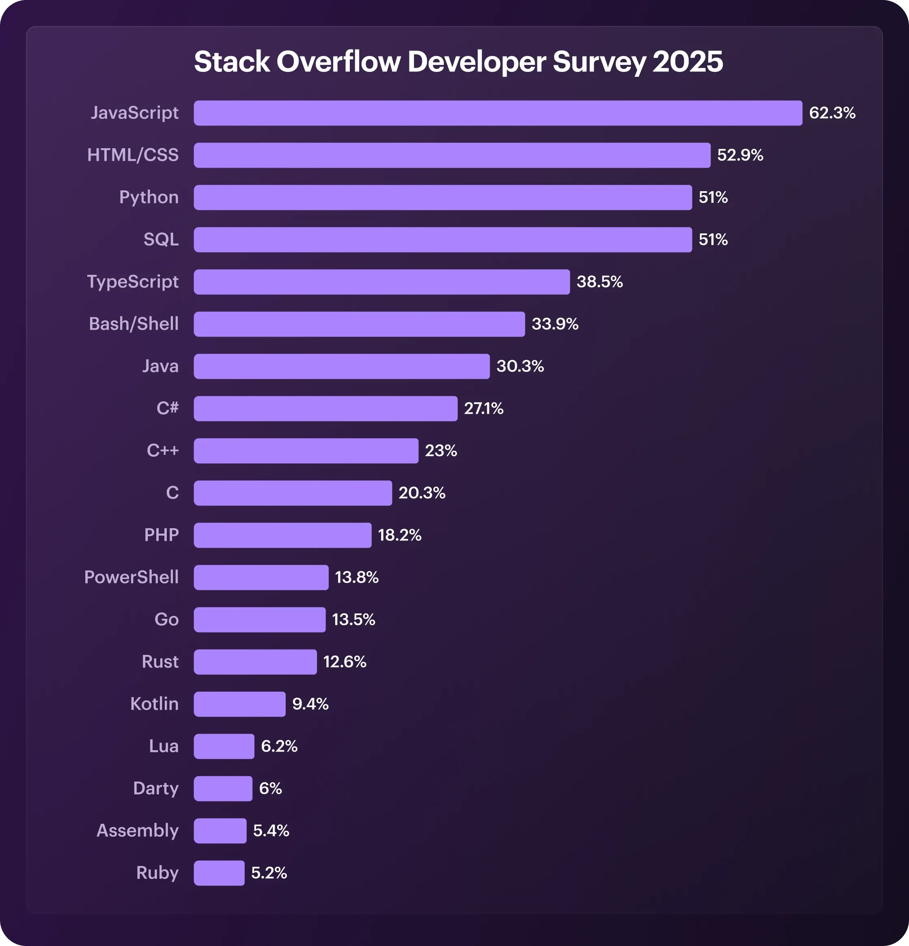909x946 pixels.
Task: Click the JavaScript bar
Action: point(498,113)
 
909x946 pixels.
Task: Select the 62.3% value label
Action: point(832,113)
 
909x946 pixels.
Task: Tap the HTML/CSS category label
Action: point(133,155)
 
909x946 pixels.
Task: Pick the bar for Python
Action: point(442,197)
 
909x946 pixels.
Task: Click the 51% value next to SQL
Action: point(713,240)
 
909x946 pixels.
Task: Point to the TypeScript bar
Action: point(381,282)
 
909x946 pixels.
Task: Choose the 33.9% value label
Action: point(554,324)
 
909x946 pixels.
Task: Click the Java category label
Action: point(160,366)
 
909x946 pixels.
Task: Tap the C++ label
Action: point(163,451)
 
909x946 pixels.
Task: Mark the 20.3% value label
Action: point(421,493)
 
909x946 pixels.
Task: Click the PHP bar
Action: point(282,535)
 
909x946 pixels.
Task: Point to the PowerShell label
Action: point(131,577)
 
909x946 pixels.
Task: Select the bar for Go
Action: point(260,620)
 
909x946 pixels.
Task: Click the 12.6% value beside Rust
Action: point(345,662)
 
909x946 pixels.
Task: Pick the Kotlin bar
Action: point(239,704)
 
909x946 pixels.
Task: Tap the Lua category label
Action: point(164,746)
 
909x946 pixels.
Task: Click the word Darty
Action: point(155,788)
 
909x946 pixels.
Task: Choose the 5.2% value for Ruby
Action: point(269,873)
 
